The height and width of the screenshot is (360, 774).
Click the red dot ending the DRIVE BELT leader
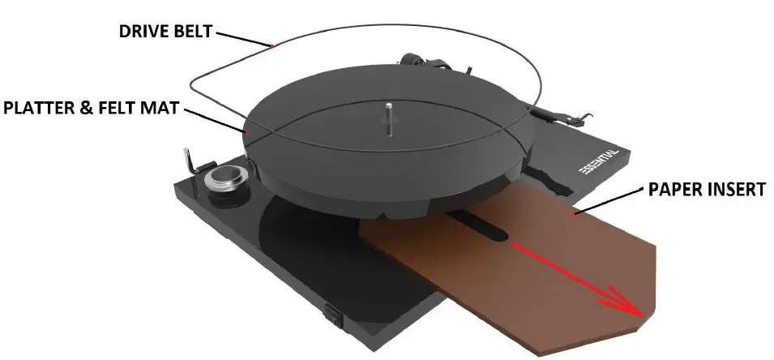point(272,45)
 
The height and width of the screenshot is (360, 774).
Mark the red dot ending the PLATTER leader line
point(249,130)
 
